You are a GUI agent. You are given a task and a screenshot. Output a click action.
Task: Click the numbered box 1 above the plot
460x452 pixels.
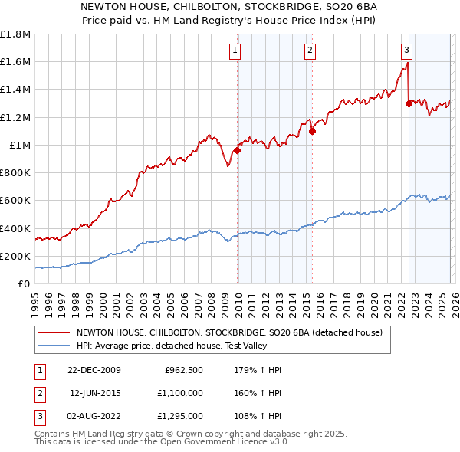click(234, 51)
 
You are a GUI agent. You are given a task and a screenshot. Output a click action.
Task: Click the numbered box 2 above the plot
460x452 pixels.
click(310, 51)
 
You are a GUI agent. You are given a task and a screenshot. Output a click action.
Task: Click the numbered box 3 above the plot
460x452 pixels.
click(406, 51)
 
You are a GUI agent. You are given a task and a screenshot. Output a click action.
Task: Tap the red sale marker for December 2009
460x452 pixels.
click(237, 150)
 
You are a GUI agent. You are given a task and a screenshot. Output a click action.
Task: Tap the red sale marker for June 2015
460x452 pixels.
click(312, 131)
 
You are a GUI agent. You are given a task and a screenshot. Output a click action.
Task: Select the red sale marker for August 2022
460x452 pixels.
click(409, 104)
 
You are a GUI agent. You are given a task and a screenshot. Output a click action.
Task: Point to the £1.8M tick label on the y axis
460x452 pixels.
click(15, 34)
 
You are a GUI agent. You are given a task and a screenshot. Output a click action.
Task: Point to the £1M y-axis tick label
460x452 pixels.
click(20, 145)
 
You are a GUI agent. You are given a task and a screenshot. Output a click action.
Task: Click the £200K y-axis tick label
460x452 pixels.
click(15, 256)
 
